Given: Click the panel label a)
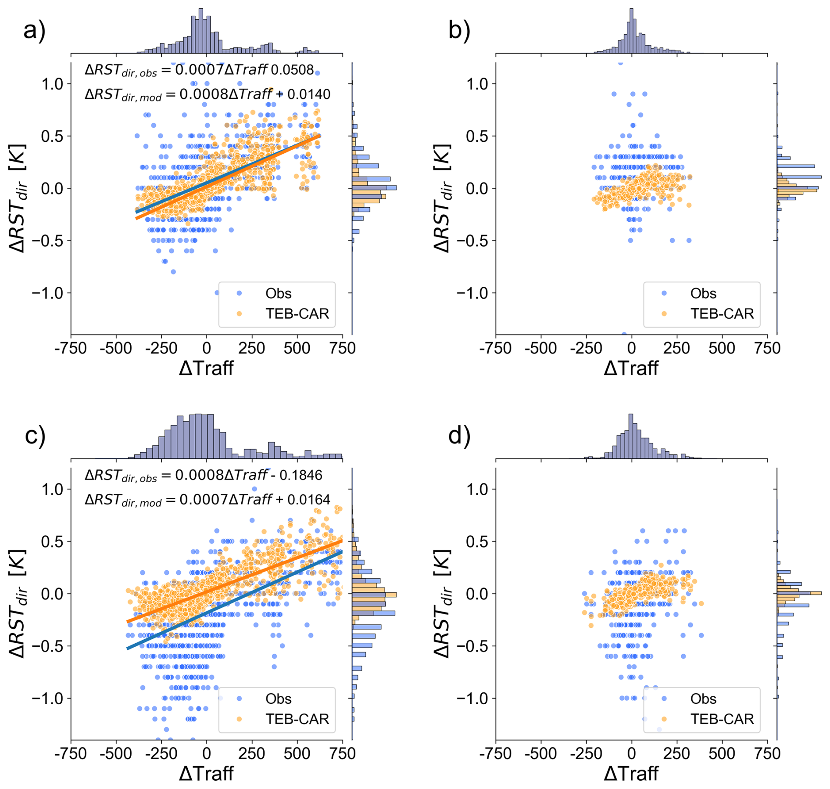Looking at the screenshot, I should point(34,31).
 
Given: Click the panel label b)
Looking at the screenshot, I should point(459,31).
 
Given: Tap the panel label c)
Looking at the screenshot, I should point(35,436).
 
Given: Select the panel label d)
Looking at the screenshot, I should point(459,436).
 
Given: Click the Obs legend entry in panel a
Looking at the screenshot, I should point(278,293).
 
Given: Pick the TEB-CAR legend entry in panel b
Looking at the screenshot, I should point(722,313).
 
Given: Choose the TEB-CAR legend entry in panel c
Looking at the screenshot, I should point(297,719).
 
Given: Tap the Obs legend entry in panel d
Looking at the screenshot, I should point(703,699).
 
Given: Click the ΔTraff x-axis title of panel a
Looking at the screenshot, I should point(206,368).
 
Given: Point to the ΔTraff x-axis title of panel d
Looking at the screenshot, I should point(631,773).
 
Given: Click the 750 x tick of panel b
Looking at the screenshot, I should point(767,348).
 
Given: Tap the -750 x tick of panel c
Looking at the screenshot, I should point(71,753).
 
